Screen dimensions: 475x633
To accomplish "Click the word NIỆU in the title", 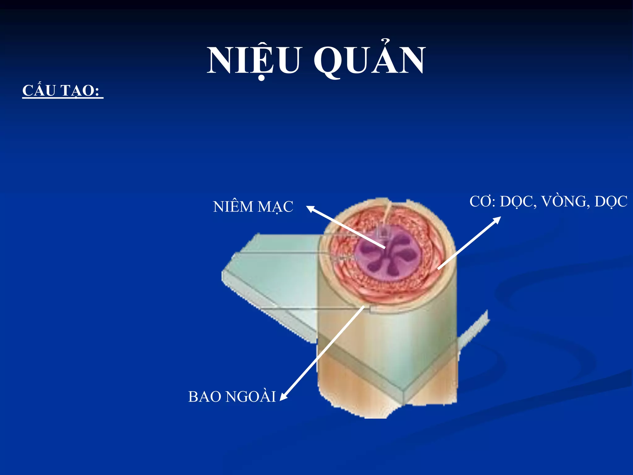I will pyautogui.click(x=253, y=60).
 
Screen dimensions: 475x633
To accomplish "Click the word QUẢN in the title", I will pyautogui.click(x=370, y=60).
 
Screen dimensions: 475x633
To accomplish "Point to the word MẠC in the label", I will pyautogui.click(x=275, y=207).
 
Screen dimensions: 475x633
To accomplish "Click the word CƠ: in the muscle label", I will pyautogui.click(x=482, y=202).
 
